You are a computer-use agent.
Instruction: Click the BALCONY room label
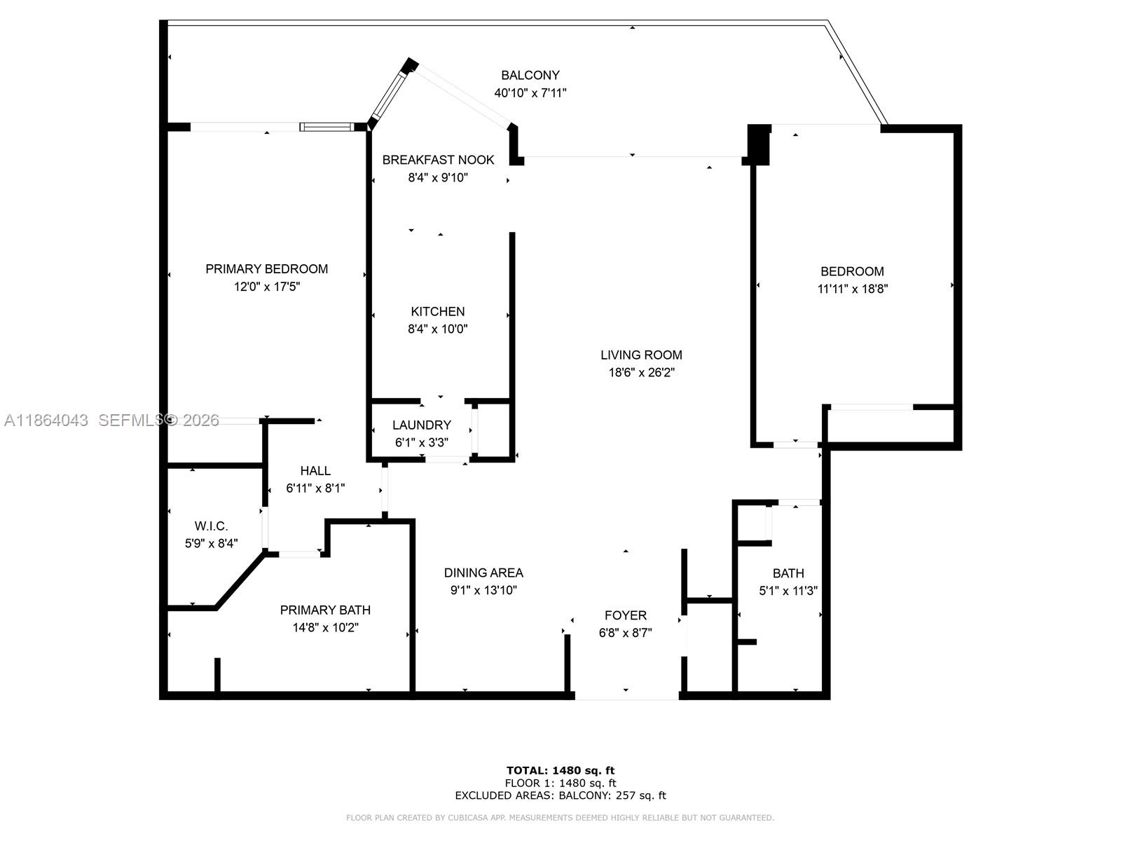click(530, 75)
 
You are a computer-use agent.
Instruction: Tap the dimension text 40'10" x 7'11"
click(530, 93)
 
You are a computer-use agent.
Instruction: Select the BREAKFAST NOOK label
click(438, 160)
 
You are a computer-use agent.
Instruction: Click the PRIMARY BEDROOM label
click(266, 268)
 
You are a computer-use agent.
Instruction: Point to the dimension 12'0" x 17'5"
click(266, 287)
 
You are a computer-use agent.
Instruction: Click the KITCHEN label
click(437, 311)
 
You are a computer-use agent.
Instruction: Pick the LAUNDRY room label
click(421, 425)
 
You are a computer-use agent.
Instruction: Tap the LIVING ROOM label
click(640, 355)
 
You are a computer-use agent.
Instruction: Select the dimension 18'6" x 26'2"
click(640, 373)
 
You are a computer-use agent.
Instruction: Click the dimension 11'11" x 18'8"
click(852, 289)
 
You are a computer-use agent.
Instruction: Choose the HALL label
click(315, 470)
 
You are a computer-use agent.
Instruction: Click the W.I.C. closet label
click(211, 526)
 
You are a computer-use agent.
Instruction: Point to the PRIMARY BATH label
click(325, 610)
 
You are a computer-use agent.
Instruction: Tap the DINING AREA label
click(483, 573)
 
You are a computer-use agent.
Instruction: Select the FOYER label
click(625, 615)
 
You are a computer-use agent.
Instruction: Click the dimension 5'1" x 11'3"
click(788, 591)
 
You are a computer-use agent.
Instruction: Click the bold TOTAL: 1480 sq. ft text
click(560, 770)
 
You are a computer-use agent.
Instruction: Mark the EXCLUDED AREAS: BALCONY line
click(560, 795)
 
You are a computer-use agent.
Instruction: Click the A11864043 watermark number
click(46, 420)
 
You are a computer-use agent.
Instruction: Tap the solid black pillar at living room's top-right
click(759, 143)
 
